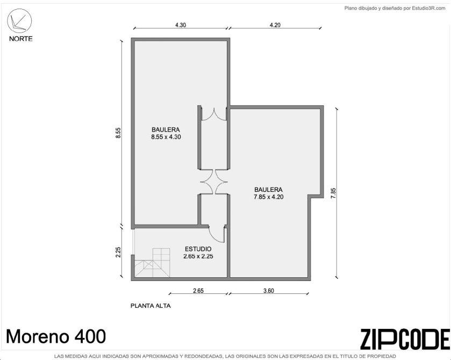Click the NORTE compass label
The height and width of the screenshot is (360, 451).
point(21,39)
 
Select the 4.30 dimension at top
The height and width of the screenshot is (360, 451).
point(181,25)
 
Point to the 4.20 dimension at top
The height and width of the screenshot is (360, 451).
point(275,25)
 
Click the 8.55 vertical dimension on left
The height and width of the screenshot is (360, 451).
point(118,133)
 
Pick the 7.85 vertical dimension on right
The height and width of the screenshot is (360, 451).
point(333,193)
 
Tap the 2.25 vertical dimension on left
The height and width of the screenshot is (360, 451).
point(118,252)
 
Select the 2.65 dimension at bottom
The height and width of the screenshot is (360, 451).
point(198,290)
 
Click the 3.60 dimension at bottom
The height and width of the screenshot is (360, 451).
point(269,290)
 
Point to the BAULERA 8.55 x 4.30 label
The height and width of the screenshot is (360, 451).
point(166,133)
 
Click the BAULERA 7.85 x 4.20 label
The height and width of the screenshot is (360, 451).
point(268,193)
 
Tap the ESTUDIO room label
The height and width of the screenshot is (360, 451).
point(198,249)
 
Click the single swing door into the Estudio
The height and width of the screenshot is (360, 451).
point(216,234)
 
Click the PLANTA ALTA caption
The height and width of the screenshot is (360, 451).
point(151,306)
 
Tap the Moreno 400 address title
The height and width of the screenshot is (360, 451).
point(56,336)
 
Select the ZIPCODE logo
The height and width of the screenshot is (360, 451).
point(405,339)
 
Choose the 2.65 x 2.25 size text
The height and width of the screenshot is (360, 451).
point(198,256)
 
